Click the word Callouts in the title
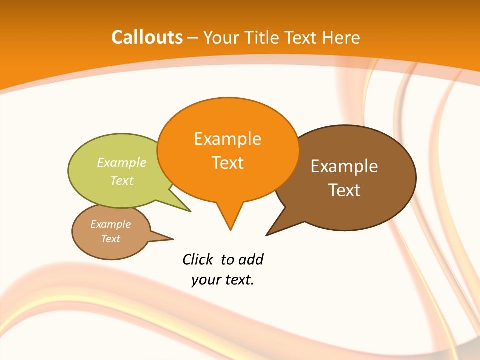tap(147, 37)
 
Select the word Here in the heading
tap(341, 37)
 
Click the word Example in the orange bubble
tap(227, 139)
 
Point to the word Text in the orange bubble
tap(227, 163)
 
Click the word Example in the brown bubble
tap(344, 166)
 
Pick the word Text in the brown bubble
tap(344, 190)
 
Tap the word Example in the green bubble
tap(122, 163)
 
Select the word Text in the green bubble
tap(122, 180)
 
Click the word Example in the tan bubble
tap(110, 224)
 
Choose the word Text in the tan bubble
tap(110, 239)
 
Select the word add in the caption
tap(250, 259)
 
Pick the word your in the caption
tap(206, 279)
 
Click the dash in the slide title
tap(192, 38)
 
